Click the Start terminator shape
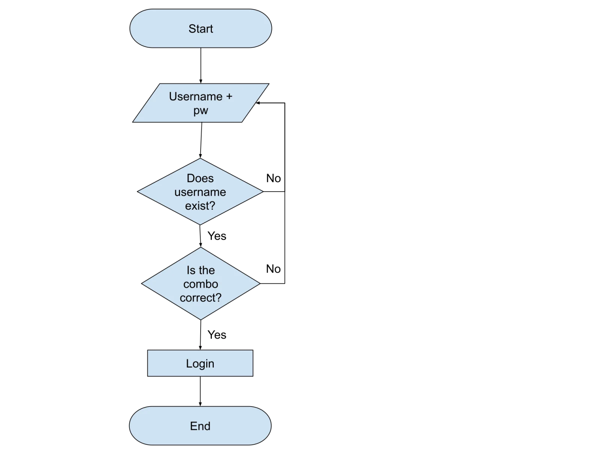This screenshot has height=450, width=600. [x=201, y=28]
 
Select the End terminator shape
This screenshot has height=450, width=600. [x=200, y=426]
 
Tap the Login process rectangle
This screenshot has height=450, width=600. [x=200, y=363]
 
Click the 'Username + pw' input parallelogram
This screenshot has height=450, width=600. [x=201, y=103]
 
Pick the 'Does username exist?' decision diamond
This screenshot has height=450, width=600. [x=200, y=192]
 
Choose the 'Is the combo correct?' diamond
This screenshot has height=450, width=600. [x=201, y=283]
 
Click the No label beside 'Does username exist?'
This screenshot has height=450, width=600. [x=273, y=178]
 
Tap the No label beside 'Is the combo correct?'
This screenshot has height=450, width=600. [x=273, y=269]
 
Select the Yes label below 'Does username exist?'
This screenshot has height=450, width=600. [x=217, y=236]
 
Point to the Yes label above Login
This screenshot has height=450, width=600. [x=217, y=335]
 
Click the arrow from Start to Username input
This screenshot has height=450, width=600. [x=201, y=66]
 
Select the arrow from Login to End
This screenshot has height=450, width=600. [x=200, y=391]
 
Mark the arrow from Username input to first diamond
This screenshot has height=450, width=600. [x=201, y=140]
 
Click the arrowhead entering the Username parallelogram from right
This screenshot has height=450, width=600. [x=257, y=103]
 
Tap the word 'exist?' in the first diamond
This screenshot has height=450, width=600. [x=200, y=206]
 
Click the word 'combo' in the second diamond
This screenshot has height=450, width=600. [x=201, y=284]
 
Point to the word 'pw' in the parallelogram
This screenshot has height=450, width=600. [x=201, y=111]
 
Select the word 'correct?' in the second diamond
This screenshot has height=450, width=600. [x=201, y=297]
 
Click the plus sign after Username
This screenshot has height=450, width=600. [x=229, y=96]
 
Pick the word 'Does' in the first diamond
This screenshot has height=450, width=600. [x=200, y=178]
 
